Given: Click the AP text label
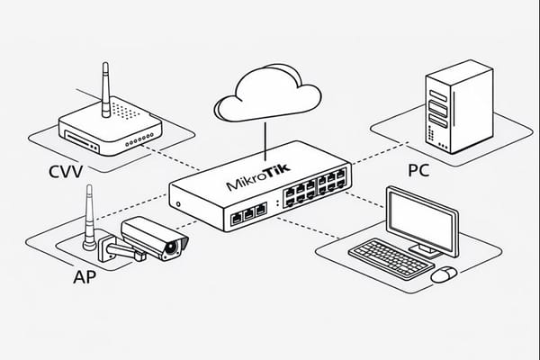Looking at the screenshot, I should click(83, 277).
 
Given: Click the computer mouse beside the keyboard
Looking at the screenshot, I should click(443, 274).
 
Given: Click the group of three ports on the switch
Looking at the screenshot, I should click(248, 213).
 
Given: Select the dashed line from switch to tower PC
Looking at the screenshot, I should click(387, 157).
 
